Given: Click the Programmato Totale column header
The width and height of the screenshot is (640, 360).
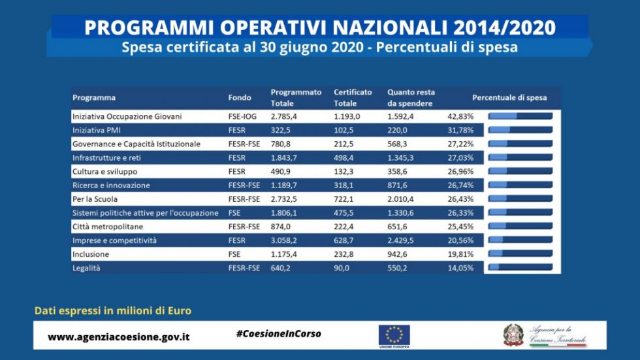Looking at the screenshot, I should [x=296, y=97].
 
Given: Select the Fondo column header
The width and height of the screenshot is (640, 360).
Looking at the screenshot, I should [x=240, y=97].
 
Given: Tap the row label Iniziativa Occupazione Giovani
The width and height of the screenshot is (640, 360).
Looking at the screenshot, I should [x=127, y=116].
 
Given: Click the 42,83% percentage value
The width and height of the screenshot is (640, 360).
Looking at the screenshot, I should [x=460, y=116].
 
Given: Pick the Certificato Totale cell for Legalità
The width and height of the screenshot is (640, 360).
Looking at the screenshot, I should [x=342, y=267].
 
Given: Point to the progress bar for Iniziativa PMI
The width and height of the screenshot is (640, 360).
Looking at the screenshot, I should [x=520, y=129].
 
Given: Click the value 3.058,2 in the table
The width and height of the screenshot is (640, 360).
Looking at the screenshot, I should [x=284, y=240].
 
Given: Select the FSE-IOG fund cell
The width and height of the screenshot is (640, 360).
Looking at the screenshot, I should [x=243, y=116].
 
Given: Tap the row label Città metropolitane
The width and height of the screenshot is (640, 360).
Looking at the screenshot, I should [x=108, y=226].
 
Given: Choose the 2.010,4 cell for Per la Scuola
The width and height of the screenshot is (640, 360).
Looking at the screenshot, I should [x=402, y=199].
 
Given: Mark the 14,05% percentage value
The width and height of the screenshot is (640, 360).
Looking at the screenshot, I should [x=460, y=267].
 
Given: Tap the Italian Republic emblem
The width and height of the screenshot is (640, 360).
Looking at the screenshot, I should [x=513, y=335].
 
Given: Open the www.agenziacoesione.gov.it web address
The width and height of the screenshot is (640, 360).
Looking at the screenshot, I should [x=119, y=337].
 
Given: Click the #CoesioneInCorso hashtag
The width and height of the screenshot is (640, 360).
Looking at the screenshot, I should [x=278, y=334].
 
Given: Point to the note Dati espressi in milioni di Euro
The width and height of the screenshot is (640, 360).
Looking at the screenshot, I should [x=113, y=311].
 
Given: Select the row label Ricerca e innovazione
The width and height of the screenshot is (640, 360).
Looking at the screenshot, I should [x=111, y=185].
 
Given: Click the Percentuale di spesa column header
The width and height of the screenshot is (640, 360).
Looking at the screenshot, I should [x=509, y=97].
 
